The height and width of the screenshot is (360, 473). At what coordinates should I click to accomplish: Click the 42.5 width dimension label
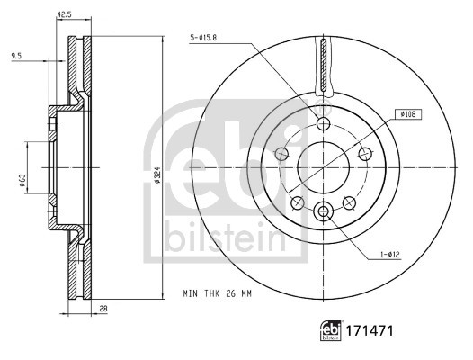click(65, 13)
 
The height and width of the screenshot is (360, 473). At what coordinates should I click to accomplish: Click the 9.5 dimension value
click(17, 57)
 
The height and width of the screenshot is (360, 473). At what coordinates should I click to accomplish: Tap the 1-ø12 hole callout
click(388, 255)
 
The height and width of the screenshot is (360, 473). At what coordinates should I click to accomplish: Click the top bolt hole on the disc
click(324, 123)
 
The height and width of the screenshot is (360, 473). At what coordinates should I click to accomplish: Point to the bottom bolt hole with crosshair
click(324, 211)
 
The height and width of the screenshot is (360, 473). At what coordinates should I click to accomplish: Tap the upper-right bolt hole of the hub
click(365, 154)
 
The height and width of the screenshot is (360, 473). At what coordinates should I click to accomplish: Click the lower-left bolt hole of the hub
click(298, 200)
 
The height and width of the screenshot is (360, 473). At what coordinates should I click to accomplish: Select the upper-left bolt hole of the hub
click(282, 154)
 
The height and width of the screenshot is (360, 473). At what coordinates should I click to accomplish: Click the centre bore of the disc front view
click(324, 167)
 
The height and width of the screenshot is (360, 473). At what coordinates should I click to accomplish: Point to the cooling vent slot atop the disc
click(324, 67)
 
